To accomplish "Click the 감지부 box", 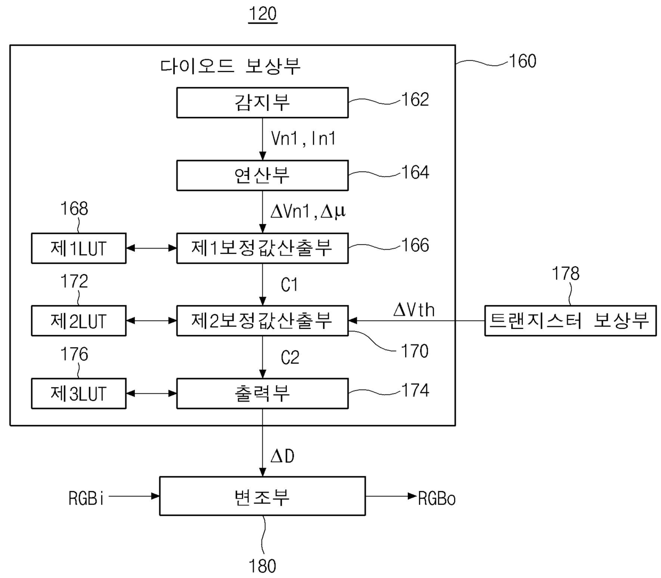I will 262,102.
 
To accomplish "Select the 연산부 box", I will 262,175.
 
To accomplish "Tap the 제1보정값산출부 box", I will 262,248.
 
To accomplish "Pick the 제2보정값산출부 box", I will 262,320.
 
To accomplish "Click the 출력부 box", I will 262,394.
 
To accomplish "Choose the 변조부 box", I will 262,496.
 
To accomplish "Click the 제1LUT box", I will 79,248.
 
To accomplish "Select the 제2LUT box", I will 79,321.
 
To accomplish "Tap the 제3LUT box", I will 79,394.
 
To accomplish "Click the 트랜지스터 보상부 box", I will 570,320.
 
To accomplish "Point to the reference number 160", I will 522,61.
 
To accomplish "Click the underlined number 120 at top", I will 263,14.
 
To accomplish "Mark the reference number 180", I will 262,566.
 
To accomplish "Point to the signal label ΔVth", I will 414,310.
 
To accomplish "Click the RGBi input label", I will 86,498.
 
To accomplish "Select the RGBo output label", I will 437,499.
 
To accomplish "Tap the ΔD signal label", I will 283,456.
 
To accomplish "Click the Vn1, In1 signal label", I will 303,139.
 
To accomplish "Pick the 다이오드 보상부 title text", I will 230,66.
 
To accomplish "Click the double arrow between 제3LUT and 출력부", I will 151,394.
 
